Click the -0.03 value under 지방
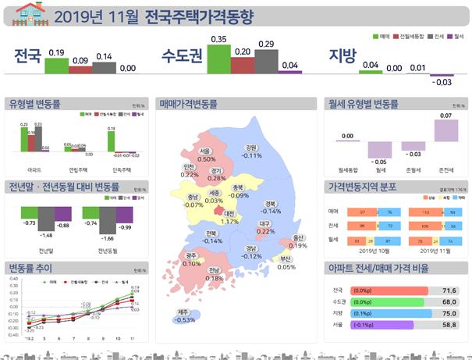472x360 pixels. (442, 82)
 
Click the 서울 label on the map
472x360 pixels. (205, 151)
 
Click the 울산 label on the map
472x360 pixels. (297, 237)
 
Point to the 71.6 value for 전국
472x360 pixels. (449, 290)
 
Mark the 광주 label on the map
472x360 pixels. (191, 255)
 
